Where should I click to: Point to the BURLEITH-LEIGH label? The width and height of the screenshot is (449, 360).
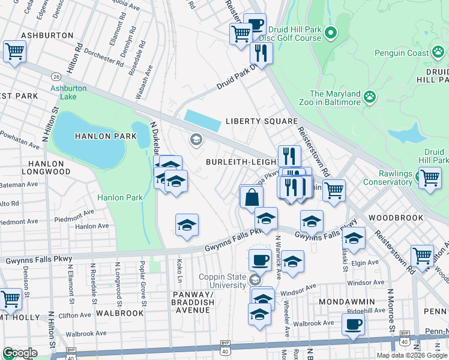241,162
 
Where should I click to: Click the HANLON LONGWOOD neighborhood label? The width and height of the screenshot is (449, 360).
47,167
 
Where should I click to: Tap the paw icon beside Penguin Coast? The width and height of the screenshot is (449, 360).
440,53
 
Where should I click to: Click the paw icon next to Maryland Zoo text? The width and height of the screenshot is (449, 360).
370,95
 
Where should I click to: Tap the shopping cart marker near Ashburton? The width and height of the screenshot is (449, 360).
14,51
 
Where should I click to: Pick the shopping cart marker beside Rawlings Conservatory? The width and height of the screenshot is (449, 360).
430,178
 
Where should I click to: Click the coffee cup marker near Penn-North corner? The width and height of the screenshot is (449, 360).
353,324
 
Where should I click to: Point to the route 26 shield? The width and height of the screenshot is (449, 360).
56,77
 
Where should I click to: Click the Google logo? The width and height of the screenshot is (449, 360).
19,353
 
